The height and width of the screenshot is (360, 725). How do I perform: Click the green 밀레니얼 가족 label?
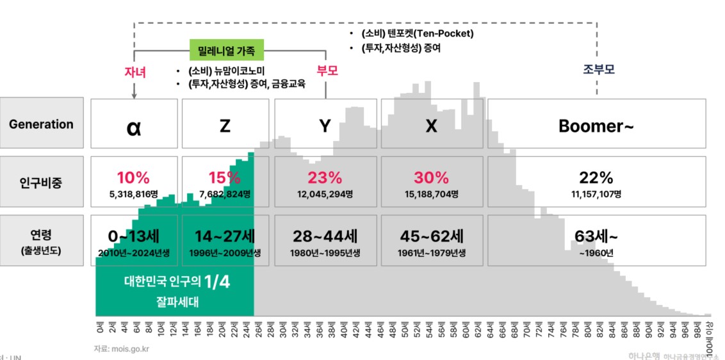pyautogui.click(x=227, y=50)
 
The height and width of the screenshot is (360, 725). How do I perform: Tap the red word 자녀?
pyautogui.click(x=135, y=72)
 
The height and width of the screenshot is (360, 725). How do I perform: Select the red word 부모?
pyautogui.click(x=327, y=70)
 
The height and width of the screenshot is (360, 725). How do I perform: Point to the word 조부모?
pyautogui.click(x=598, y=69)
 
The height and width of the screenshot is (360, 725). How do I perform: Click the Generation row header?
pyautogui.click(x=42, y=124)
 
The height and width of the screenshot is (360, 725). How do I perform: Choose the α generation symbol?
pyautogui.click(x=133, y=127)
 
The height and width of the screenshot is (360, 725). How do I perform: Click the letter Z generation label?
pyautogui.click(x=225, y=126)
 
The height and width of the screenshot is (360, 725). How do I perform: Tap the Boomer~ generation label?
pyautogui.click(x=596, y=126)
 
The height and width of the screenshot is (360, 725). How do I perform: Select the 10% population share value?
pyautogui.click(x=133, y=177)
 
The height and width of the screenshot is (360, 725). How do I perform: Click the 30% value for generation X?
pyautogui.click(x=431, y=177)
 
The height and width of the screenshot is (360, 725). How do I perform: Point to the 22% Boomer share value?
pyautogui.click(x=596, y=177)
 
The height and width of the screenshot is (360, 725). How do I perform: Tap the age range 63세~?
pyautogui.click(x=596, y=236)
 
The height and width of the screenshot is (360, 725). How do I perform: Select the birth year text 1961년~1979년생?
pyautogui.click(x=431, y=252)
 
